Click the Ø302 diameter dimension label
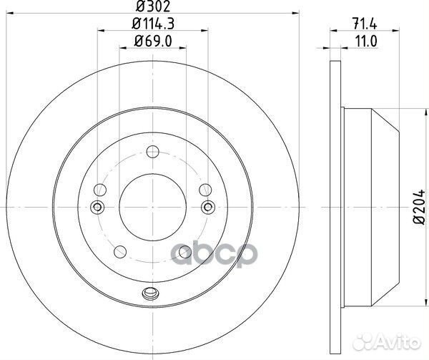152,9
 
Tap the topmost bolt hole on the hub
152,152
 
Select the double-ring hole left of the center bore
98,207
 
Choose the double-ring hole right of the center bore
207,207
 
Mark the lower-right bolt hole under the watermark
184,251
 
